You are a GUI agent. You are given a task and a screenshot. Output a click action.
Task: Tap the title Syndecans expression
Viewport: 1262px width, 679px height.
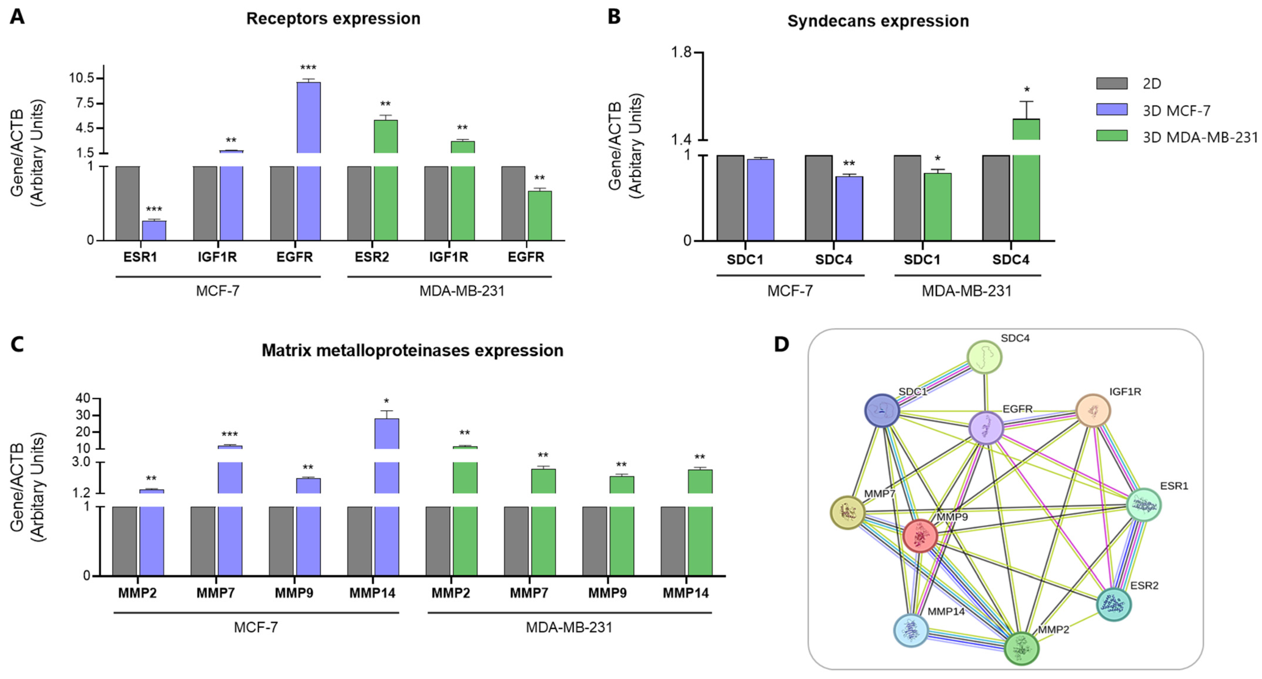(878, 21)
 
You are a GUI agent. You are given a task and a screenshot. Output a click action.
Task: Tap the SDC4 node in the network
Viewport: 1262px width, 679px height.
(984, 357)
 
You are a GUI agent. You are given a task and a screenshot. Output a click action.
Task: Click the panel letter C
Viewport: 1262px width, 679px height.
(17, 345)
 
